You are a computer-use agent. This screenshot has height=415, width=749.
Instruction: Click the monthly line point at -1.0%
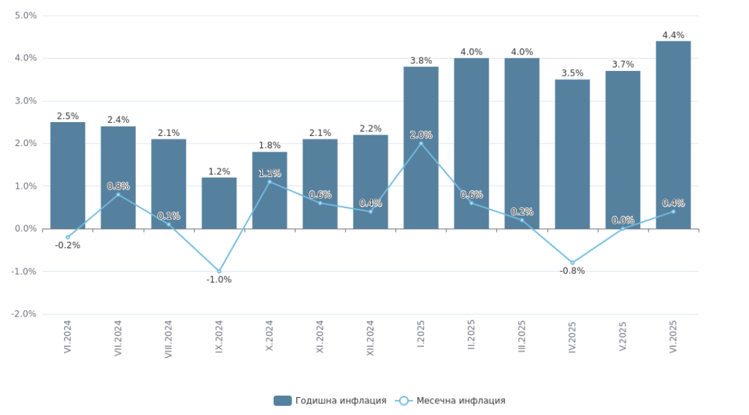click(x=219, y=271)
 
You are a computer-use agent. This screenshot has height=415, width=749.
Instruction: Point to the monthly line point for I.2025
click(x=421, y=143)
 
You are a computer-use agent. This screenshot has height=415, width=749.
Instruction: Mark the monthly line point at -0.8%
click(x=572, y=263)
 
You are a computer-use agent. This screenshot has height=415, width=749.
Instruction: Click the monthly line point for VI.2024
click(x=68, y=237)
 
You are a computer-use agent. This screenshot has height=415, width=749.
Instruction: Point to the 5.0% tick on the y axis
click(x=25, y=15)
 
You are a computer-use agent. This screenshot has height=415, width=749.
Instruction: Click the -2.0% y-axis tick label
click(x=25, y=314)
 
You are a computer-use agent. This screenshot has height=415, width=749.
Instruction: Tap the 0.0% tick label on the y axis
click(x=25, y=229)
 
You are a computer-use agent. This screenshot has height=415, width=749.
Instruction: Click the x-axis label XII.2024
click(x=371, y=338)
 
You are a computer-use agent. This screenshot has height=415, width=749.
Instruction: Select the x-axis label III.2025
click(x=522, y=336)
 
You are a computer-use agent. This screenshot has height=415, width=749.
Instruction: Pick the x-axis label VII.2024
click(x=119, y=338)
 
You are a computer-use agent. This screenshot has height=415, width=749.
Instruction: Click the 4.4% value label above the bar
click(x=673, y=35)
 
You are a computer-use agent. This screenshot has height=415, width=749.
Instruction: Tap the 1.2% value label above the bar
click(x=219, y=172)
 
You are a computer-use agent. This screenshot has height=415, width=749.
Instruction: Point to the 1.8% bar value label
click(x=269, y=145)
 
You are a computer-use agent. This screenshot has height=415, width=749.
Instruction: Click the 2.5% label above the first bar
click(x=68, y=117)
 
